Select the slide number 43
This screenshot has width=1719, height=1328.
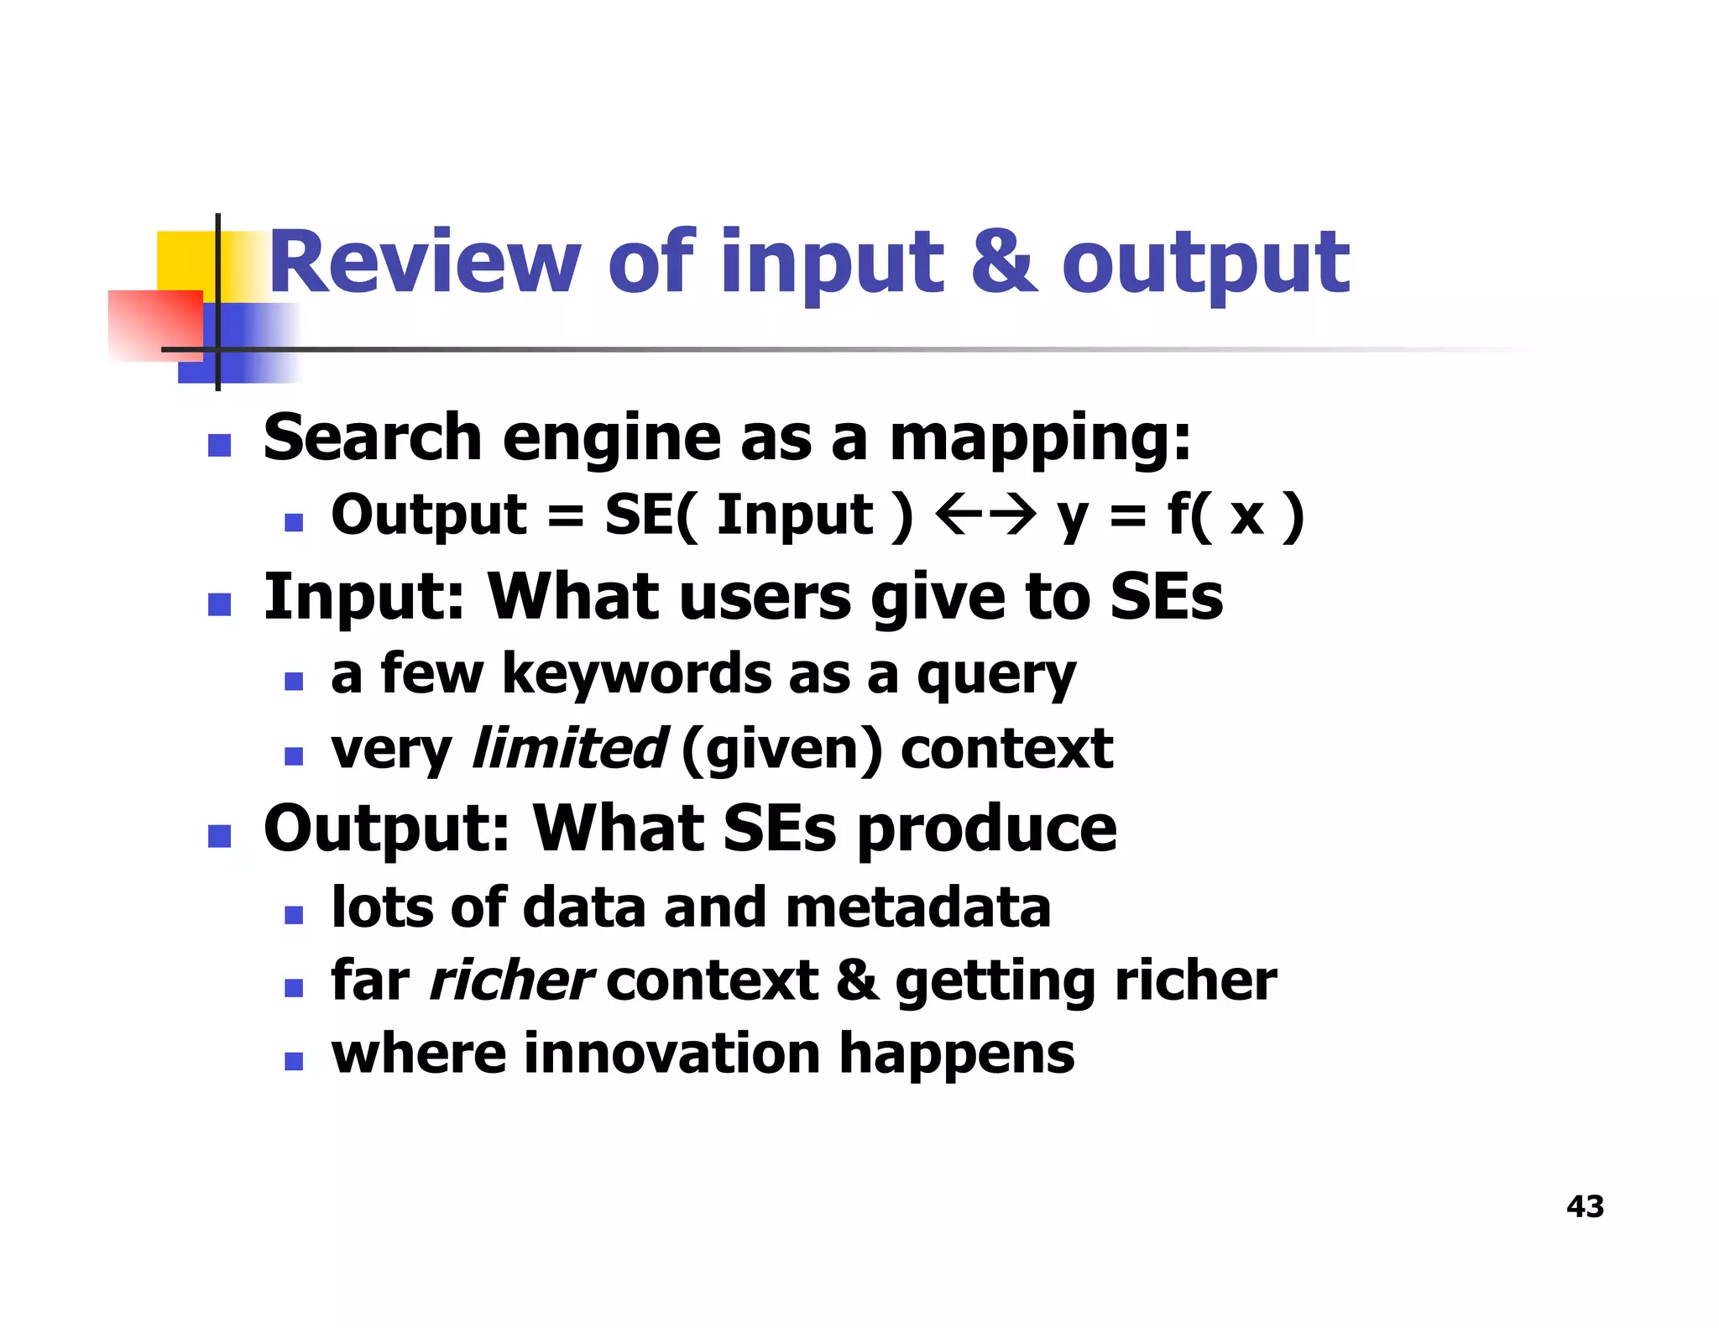coord(1585,1206)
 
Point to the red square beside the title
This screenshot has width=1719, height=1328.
coord(155,326)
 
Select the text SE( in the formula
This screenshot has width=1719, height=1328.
coord(650,515)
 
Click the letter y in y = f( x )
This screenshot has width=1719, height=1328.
coord(1073,518)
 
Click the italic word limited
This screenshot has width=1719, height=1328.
coord(569,748)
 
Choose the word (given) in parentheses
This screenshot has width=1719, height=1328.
coord(782,750)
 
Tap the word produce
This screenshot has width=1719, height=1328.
coord(987,830)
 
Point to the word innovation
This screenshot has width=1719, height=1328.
coord(671,1054)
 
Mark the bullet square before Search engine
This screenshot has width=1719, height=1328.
coord(219,445)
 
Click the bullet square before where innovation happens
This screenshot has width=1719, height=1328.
coord(293,1061)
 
